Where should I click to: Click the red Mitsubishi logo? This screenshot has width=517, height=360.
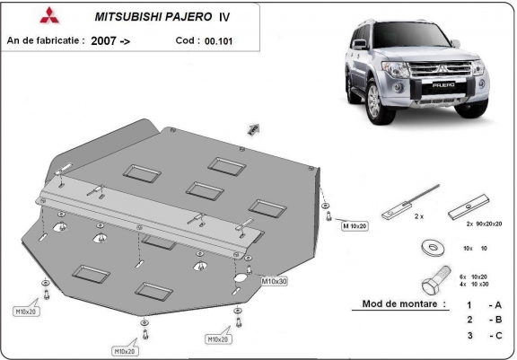[x=49, y=15]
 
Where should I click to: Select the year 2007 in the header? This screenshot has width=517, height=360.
[x=103, y=41]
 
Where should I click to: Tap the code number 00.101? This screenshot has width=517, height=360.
[x=218, y=41]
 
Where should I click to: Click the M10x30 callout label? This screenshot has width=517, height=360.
[x=274, y=281]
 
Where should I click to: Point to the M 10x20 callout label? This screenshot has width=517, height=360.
[x=355, y=226]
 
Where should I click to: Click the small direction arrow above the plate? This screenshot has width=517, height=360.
[x=253, y=129]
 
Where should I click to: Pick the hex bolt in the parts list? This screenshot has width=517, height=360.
[x=436, y=281]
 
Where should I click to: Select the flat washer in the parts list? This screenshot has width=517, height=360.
[x=433, y=247]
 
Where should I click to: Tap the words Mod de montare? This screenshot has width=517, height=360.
[x=399, y=303]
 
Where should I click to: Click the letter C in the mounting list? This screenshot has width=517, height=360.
[x=498, y=336]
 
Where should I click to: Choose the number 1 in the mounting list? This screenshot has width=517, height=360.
[x=469, y=305]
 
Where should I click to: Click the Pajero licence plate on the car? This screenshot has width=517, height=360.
[x=443, y=85]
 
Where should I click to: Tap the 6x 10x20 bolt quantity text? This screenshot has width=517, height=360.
[x=473, y=277]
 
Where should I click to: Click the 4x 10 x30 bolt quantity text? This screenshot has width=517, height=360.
[x=474, y=285]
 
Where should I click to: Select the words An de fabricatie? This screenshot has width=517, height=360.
[x=43, y=40]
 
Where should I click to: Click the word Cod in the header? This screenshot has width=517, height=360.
[x=185, y=40]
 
